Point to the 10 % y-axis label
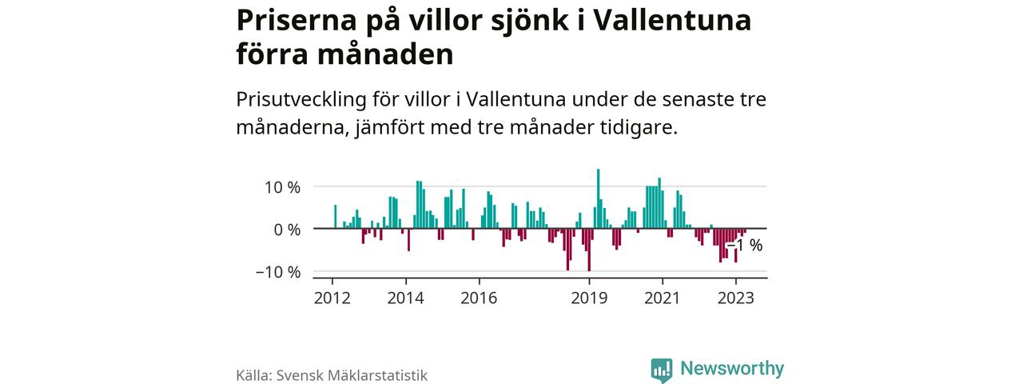283,188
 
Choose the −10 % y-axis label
278,272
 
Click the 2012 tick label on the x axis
332,298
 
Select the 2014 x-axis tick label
406,298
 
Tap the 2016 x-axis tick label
479,298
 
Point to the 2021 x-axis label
662,298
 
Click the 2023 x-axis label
735,298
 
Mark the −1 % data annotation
744,246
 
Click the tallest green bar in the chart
598,198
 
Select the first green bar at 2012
336,217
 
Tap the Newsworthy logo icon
662,369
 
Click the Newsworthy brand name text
732,369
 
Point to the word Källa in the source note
254,375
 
